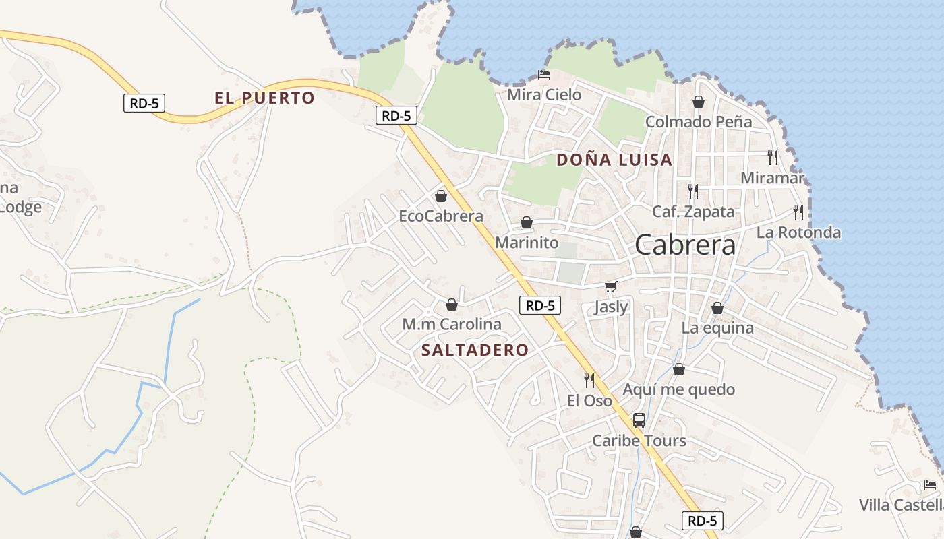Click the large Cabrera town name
(x=685, y=245)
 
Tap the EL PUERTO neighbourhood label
(x=264, y=98)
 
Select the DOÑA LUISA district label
(x=614, y=160)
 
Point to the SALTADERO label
(x=475, y=350)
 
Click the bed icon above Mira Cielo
(x=543, y=74)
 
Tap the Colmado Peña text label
(x=699, y=122)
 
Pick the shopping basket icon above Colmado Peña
(x=699, y=102)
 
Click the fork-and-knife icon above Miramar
(x=773, y=158)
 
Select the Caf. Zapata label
(x=693, y=212)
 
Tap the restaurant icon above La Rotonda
(x=798, y=212)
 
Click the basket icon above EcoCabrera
(x=441, y=196)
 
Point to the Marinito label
(x=527, y=243)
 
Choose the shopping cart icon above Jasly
(x=611, y=287)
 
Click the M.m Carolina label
(x=452, y=324)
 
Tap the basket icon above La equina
(x=717, y=308)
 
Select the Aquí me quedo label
(x=678, y=389)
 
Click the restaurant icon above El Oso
(x=589, y=381)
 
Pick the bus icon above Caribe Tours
(x=639, y=420)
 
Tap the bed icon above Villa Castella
(x=930, y=484)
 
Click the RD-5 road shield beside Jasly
(x=541, y=305)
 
